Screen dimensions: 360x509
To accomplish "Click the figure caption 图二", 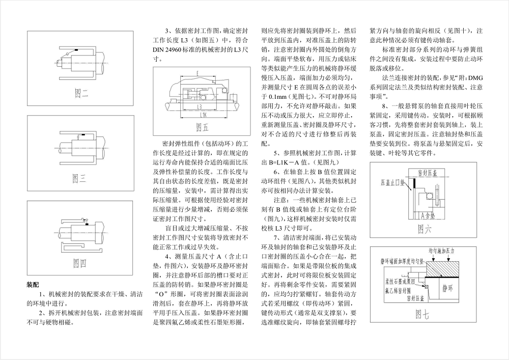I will pyautogui.click(x=81, y=93).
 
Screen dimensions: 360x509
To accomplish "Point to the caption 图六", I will pyautogui.click(x=425, y=229).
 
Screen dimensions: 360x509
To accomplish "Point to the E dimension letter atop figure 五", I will pyautogui.click(x=197, y=74).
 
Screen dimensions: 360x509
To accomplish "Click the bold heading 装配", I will pyautogui.click(x=33, y=285).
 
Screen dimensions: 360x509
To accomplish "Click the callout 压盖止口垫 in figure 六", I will pyautogui.click(x=390, y=182).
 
